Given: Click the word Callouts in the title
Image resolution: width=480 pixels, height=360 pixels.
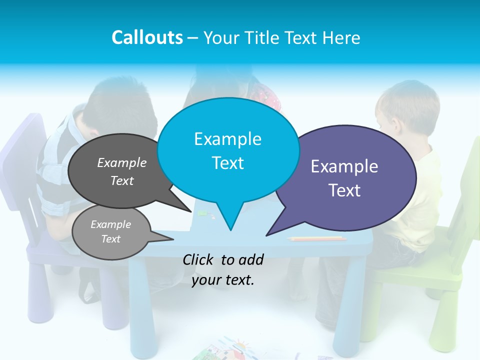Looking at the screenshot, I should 147,38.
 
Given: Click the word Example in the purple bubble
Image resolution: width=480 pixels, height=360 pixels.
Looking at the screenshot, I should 344,166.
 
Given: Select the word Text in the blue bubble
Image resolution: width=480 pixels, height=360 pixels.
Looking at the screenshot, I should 228,163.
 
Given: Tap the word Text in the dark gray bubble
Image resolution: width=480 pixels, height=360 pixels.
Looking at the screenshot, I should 122,181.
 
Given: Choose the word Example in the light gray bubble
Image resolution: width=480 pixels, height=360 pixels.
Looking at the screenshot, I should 111,224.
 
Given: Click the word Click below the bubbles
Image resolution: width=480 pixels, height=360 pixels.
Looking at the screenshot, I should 199,259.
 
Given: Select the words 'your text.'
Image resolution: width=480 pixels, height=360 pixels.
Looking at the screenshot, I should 223,280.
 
